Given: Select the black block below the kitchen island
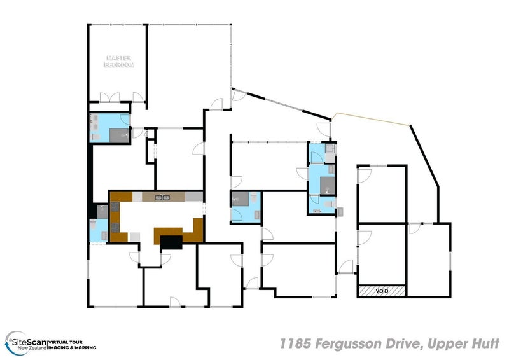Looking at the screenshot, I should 171,242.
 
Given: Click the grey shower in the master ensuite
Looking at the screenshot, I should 117,134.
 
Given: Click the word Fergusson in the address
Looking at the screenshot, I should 347,343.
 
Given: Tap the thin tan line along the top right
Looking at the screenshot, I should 372,118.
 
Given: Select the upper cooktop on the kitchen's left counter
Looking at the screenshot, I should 115,207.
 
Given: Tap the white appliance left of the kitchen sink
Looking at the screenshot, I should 137,197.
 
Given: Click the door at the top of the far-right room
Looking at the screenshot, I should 414,228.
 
